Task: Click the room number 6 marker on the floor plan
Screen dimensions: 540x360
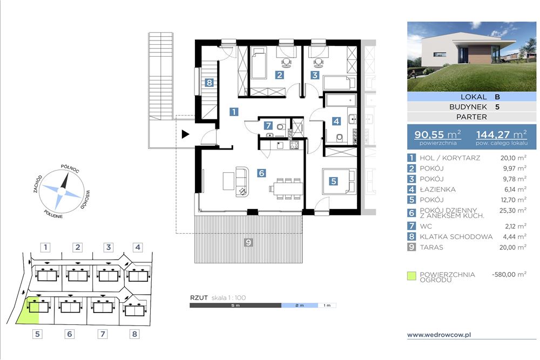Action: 261,173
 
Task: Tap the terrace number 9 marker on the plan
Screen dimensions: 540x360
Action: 248,242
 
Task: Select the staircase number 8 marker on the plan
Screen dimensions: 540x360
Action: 209,83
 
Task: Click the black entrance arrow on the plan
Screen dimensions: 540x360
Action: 185,134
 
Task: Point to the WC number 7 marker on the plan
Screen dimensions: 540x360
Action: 268,126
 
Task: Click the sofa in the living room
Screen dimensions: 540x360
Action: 242,182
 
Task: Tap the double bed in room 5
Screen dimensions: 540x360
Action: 339,181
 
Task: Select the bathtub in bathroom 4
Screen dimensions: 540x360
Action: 340,100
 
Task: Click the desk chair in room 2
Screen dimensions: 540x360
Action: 286,62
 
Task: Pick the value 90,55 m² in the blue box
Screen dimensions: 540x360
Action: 437,134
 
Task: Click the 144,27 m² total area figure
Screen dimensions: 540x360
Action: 502,134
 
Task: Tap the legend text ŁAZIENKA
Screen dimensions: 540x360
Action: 437,189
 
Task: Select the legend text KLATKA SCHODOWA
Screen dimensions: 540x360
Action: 456,237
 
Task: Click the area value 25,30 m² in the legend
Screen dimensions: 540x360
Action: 513,210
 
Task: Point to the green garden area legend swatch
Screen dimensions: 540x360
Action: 411,276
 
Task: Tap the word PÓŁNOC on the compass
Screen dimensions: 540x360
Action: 70,168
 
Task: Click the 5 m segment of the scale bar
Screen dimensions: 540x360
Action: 235,305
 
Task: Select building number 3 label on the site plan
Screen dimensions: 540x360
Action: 109,247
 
